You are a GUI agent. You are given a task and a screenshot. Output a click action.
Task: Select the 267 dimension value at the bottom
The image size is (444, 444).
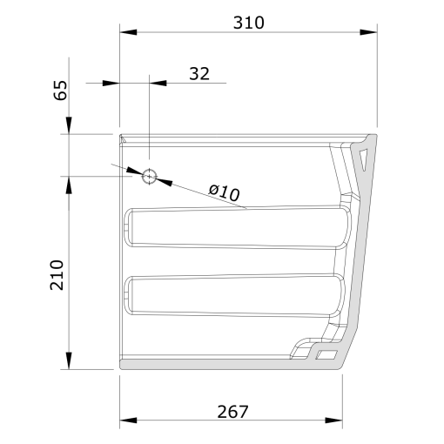[232, 411]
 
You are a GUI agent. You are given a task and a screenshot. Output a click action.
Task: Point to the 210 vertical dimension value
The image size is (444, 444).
[57, 274]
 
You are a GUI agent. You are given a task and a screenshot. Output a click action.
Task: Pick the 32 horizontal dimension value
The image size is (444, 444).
[198, 73]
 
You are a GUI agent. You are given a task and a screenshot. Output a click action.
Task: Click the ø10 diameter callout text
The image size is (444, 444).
[224, 192]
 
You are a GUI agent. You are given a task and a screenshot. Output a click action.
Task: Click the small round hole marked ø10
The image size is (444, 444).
[150, 176]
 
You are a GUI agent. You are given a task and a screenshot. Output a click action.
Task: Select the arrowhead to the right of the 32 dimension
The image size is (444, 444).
[159, 84]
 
